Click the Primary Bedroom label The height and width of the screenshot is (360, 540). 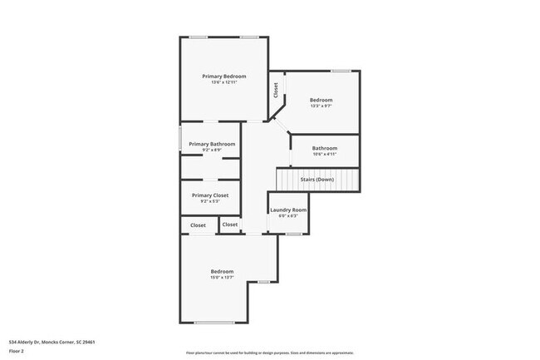point(224,76)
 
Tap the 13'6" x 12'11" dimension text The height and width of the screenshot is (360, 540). point(224,83)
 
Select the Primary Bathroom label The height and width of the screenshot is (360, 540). point(212,144)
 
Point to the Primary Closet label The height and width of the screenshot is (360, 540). point(209,195)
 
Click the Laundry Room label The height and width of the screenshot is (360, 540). point(288,210)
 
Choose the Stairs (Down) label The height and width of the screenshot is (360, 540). point(317,179)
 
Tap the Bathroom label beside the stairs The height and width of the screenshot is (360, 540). point(325,148)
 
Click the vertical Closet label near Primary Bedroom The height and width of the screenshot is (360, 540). point(275,90)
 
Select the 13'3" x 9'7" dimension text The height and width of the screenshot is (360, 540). point(321,106)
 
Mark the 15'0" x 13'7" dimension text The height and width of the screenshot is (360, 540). point(222,279)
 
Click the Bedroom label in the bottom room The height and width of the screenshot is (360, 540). point(222,272)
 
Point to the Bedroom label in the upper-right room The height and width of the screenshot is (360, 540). point(321,99)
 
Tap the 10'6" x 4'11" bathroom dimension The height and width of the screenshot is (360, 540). point(325,155)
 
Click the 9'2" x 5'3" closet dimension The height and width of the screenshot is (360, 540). point(209,201)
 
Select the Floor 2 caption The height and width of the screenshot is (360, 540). point(17,350)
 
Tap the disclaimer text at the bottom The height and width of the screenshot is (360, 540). point(269,353)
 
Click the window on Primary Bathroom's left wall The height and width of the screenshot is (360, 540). point(181,139)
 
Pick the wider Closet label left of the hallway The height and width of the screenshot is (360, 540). point(198,225)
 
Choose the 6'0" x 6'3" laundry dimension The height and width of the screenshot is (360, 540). point(288,216)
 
